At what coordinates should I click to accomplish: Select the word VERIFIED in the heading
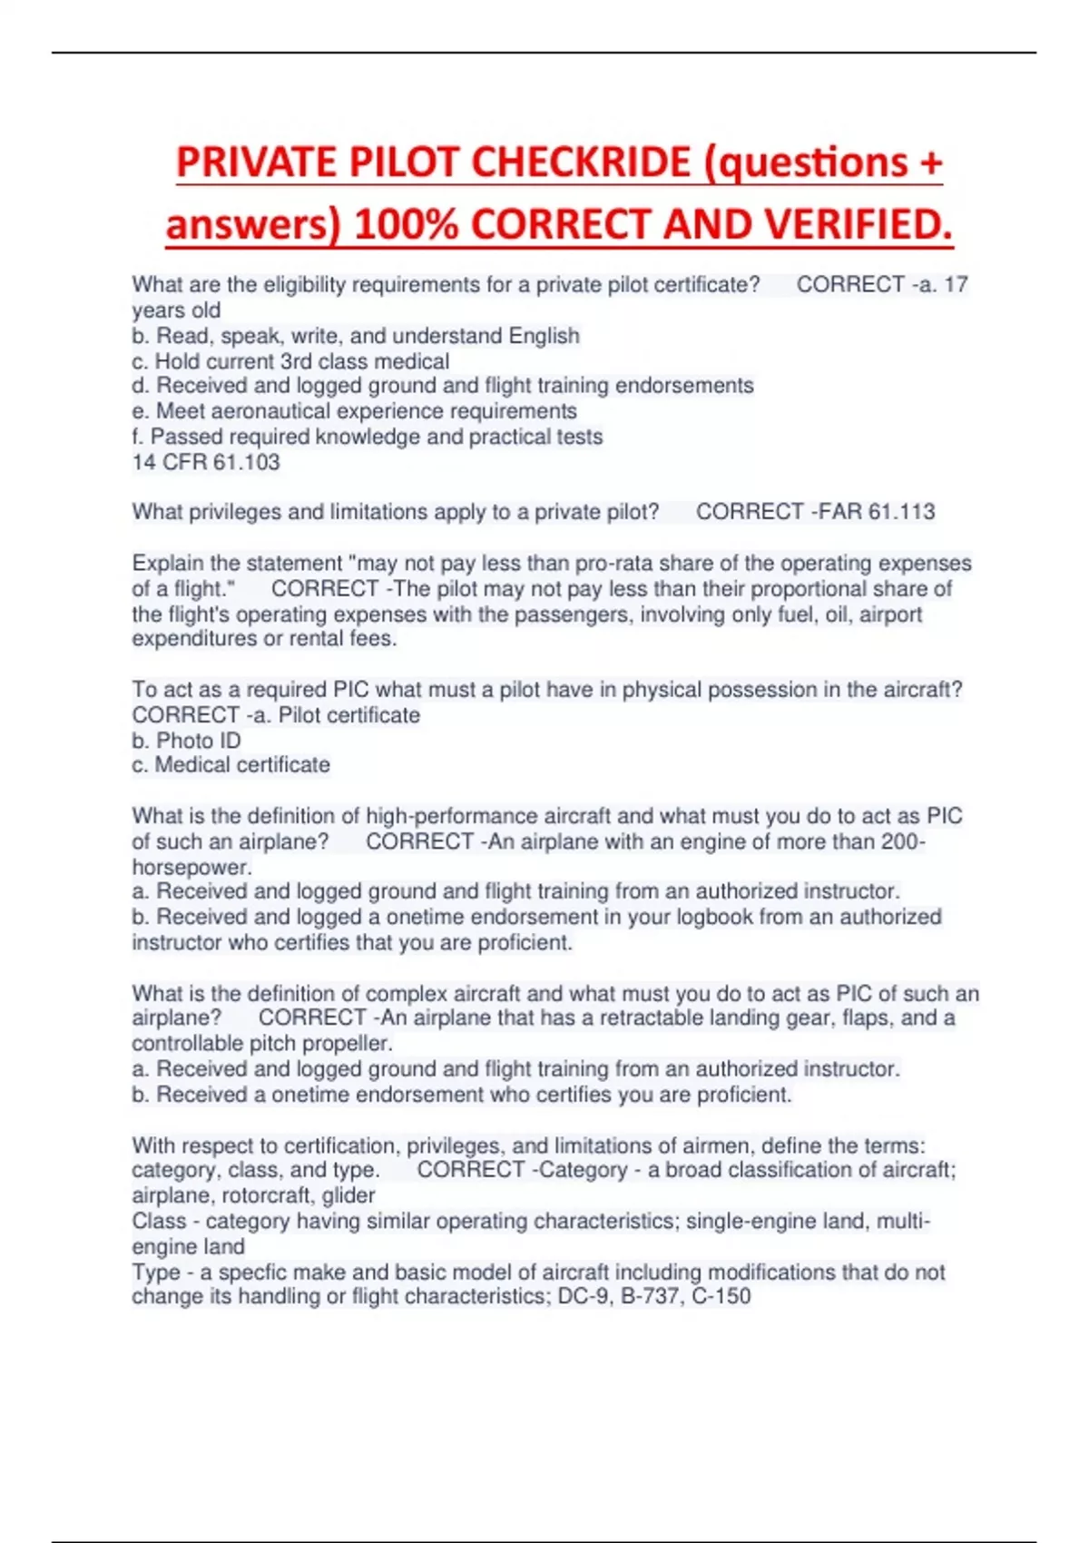coord(861,225)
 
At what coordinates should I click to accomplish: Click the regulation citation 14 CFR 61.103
coord(206,462)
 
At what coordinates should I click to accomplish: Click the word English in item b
coord(544,336)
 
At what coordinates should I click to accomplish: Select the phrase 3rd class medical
coord(364,361)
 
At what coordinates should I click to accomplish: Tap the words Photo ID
coord(199,741)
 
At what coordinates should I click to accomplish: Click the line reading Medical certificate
coord(242,765)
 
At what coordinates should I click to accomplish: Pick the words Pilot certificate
coord(349,715)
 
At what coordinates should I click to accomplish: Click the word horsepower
coord(191,867)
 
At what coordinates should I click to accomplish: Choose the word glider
coord(348,1195)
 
